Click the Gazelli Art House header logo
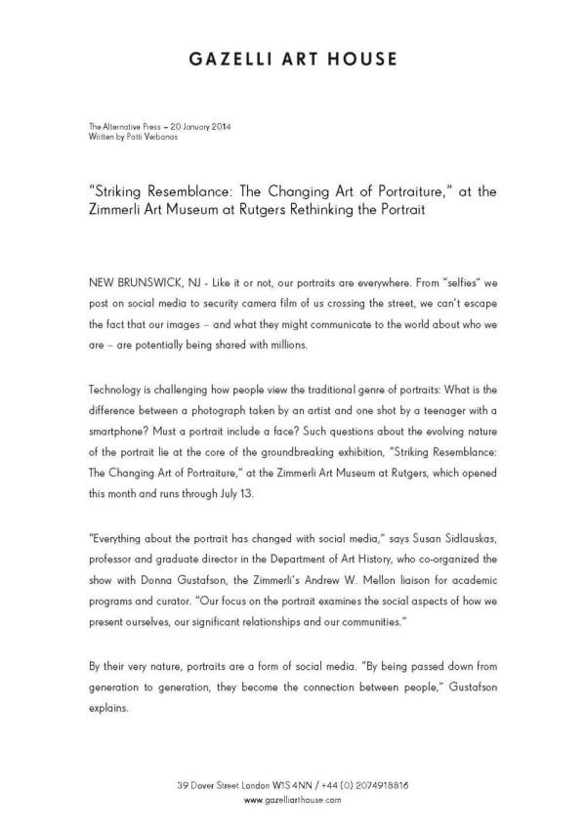pos(293,59)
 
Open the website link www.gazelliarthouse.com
pos(293,799)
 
